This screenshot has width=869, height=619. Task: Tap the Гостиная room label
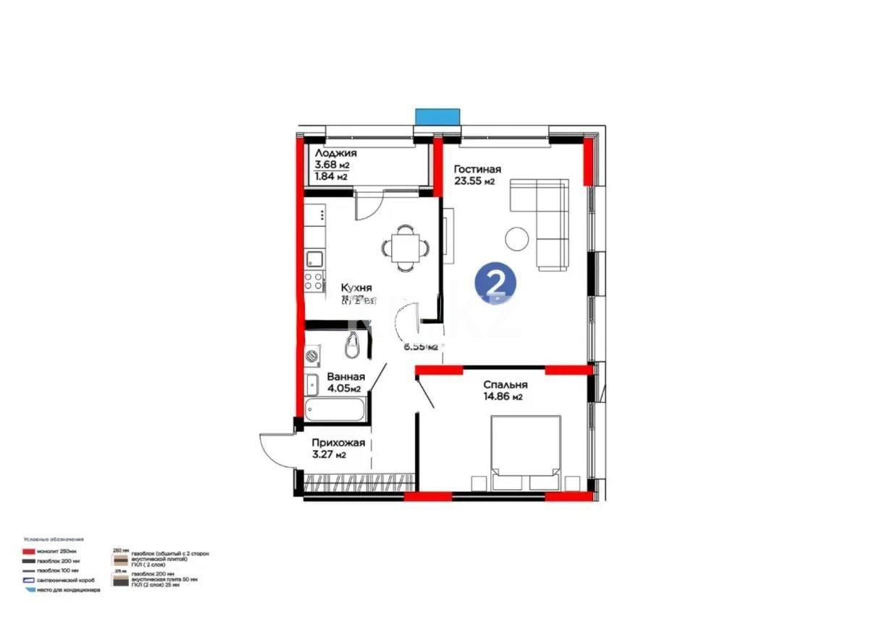pos(477,170)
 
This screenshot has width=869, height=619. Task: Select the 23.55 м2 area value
pos(474,182)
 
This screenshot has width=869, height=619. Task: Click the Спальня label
pos(505,385)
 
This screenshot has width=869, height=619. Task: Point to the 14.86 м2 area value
pos(502,397)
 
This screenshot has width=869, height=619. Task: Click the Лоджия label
pos(335,154)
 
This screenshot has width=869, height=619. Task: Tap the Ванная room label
pos(345,377)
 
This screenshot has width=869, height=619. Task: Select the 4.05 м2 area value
pos(343,389)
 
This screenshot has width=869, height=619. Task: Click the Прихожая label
pos(338,443)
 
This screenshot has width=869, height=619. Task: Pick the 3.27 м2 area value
pos(328,455)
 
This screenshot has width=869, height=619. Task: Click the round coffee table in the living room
pos(519,239)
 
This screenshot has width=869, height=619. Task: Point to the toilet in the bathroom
pos(353,346)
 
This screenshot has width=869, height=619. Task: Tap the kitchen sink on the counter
pos(314,259)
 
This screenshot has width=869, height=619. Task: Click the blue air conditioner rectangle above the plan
pos(437,117)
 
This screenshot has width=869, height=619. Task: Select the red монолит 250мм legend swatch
pos(30,552)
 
